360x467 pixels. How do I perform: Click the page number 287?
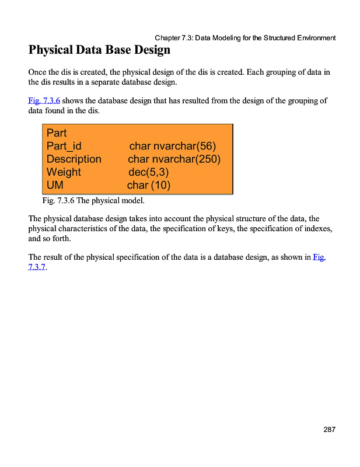(x=329, y=430)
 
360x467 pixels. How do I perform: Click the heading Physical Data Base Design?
(x=99, y=50)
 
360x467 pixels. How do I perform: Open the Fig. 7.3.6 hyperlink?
(x=44, y=101)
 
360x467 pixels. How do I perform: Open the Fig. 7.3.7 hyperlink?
(x=319, y=257)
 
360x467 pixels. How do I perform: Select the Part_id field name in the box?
(x=64, y=146)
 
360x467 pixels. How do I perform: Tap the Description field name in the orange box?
(x=74, y=159)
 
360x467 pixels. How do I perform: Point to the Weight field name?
(x=64, y=172)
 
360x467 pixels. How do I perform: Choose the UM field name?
(x=55, y=186)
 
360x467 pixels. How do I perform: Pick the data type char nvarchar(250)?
(x=174, y=159)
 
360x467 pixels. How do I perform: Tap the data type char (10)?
(x=148, y=186)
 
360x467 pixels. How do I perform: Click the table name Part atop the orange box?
(x=57, y=133)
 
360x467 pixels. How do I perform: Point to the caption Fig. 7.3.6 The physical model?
(x=93, y=201)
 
